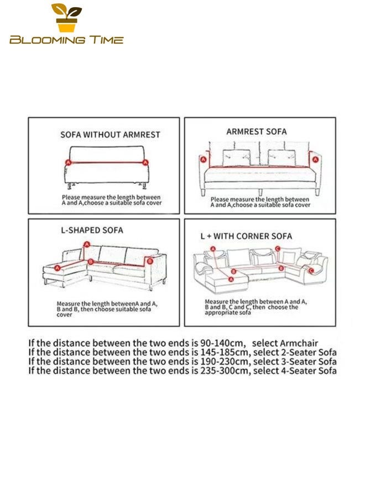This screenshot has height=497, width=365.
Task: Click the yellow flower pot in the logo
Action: pyautogui.click(x=67, y=25)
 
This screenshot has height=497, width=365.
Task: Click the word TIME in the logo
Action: pyautogui.click(x=106, y=40)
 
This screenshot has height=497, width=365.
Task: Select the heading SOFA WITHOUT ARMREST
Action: pyautogui.click(x=110, y=135)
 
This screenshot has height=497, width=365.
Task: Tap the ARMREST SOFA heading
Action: pyautogui.click(x=257, y=131)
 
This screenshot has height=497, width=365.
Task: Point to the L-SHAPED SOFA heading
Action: pyautogui.click(x=92, y=230)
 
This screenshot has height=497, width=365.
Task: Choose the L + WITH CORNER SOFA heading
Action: pyautogui.click(x=246, y=236)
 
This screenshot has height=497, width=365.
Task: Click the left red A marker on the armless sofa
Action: pyautogui.click(x=68, y=162)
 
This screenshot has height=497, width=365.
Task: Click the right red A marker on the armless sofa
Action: pyautogui.click(x=145, y=162)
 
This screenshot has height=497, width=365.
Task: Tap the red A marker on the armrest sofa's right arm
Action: pyautogui.click(x=315, y=160)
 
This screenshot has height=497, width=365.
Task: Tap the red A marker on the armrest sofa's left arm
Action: pyautogui.click(x=204, y=160)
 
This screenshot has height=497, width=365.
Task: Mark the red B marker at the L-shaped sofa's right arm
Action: pyautogui.click(x=150, y=261)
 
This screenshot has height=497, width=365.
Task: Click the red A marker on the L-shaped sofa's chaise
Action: pyautogui.click(x=58, y=268)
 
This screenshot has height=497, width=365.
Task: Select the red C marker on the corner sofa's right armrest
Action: pyautogui.click(x=311, y=271)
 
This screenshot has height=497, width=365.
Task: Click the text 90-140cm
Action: pyautogui.click(x=223, y=343)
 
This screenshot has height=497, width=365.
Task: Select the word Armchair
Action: pyautogui.click(x=299, y=343)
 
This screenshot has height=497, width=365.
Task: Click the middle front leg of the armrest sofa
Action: pyautogui.click(x=260, y=192)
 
